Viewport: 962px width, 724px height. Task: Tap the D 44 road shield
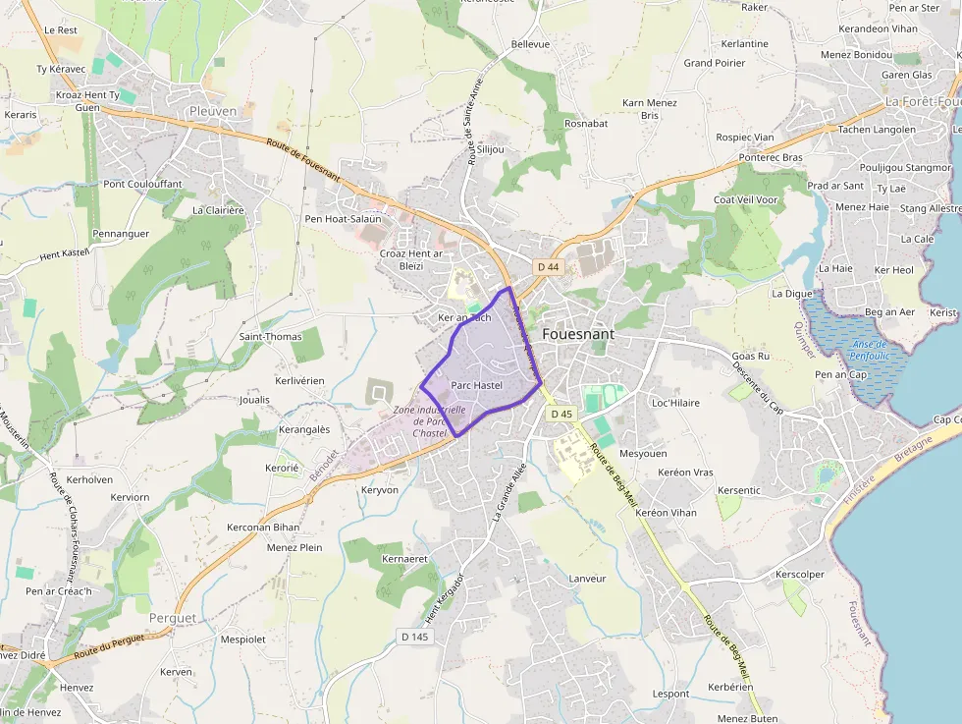coord(547,267)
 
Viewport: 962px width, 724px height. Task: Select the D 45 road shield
coord(561,415)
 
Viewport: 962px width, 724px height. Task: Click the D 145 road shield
coord(415,638)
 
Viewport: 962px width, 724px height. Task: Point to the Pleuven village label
coord(213,111)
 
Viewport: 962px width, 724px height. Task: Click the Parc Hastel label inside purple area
coord(477,385)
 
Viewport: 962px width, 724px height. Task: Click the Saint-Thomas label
coord(271,336)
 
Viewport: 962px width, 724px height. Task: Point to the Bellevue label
coord(531,45)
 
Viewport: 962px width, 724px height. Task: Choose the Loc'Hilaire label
coord(675,403)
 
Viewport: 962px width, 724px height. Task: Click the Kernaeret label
coord(404,558)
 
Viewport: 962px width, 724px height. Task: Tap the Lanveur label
coord(587,579)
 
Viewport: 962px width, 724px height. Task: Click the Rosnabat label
coord(587,123)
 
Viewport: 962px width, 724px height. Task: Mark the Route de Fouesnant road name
coord(302,158)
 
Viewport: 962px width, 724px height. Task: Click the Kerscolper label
coord(800,574)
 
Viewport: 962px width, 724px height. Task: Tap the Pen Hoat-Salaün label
coord(343,218)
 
